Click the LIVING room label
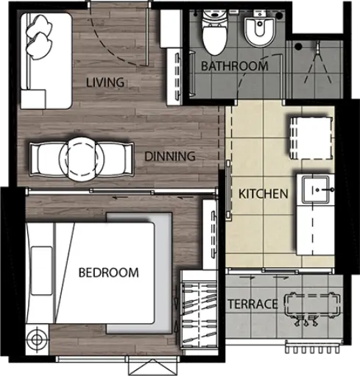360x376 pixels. [x=105, y=82]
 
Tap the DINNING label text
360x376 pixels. [x=170, y=156]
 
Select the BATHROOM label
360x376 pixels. [x=234, y=66]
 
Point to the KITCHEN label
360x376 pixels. [x=264, y=194]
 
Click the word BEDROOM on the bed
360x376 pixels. [x=108, y=272]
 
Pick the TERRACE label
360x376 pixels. [x=253, y=304]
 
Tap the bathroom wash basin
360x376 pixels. [x=259, y=29]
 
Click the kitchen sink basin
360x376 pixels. [x=316, y=189]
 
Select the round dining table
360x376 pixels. [x=81, y=159]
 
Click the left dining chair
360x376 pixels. [x=46, y=159]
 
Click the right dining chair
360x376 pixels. [x=115, y=159]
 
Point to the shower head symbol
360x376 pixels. [x=317, y=48]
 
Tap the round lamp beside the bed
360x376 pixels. [x=37, y=339]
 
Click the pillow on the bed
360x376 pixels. [x=42, y=271]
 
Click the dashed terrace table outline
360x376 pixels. [x=312, y=305]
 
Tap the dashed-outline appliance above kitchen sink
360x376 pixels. [x=311, y=138]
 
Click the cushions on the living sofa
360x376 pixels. [x=39, y=37]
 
